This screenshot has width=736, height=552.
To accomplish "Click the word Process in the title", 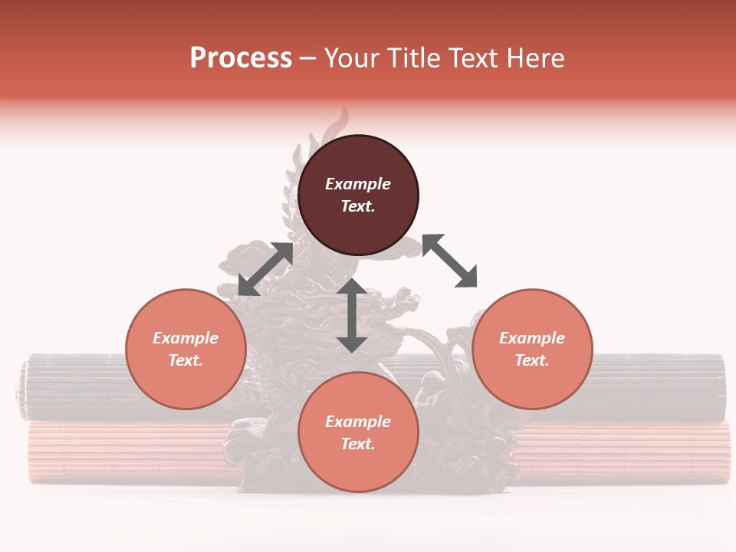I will pos(241,58).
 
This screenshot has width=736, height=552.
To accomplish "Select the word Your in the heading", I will pos(353,58).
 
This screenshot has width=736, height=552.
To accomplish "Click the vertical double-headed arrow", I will pos(352,315).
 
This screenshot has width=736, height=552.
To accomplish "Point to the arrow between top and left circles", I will pos(266,269).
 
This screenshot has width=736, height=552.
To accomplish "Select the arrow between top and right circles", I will pos(449,261).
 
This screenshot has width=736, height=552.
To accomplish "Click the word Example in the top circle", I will pos(358,184).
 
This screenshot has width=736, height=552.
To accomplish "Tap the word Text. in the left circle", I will pos(186,360).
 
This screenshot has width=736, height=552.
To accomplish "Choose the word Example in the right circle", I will pos(532,338).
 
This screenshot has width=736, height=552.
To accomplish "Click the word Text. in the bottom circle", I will pos(358,444).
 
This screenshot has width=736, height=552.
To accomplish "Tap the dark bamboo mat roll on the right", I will pos(659,387).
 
